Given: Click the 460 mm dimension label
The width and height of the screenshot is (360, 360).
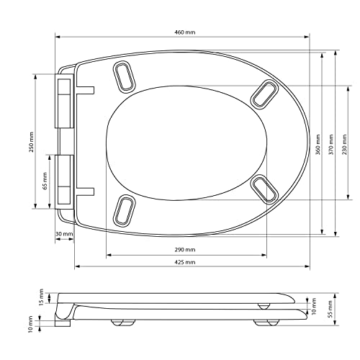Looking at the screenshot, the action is [184, 32].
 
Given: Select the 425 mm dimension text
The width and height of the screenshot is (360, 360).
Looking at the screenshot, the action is [184, 262].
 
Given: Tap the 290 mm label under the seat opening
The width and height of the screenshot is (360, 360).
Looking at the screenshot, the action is [184, 250].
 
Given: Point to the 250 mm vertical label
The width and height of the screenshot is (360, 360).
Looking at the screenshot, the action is [32, 142].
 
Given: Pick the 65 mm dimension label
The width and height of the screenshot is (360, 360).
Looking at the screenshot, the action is [45, 181].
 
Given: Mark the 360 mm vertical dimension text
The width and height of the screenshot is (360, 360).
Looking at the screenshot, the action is [318, 145].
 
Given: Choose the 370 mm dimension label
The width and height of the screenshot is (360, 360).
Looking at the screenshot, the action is [331, 145].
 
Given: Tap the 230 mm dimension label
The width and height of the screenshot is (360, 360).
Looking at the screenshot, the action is [345, 145].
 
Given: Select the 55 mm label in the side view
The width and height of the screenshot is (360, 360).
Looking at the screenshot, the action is [330, 310].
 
